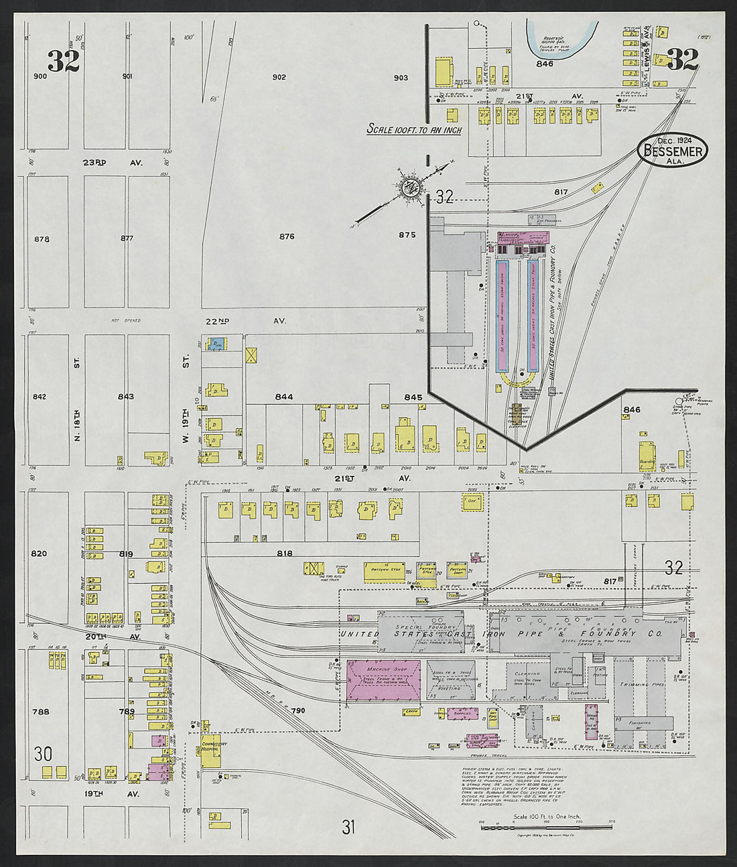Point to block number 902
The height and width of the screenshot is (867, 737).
coord(279,77)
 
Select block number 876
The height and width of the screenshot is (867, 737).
coord(287,236)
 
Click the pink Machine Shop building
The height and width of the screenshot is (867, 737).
coord(384,680)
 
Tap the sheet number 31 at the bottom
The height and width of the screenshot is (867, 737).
coord(348,827)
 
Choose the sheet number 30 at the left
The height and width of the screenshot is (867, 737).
coord(43,754)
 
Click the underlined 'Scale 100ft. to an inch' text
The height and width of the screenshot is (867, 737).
coord(414,129)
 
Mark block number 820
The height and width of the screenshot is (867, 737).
coord(40,553)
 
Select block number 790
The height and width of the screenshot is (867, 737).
coord(298,710)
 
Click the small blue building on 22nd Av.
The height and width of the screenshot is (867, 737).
coord(214,344)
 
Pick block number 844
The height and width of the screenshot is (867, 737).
coord(284,397)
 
